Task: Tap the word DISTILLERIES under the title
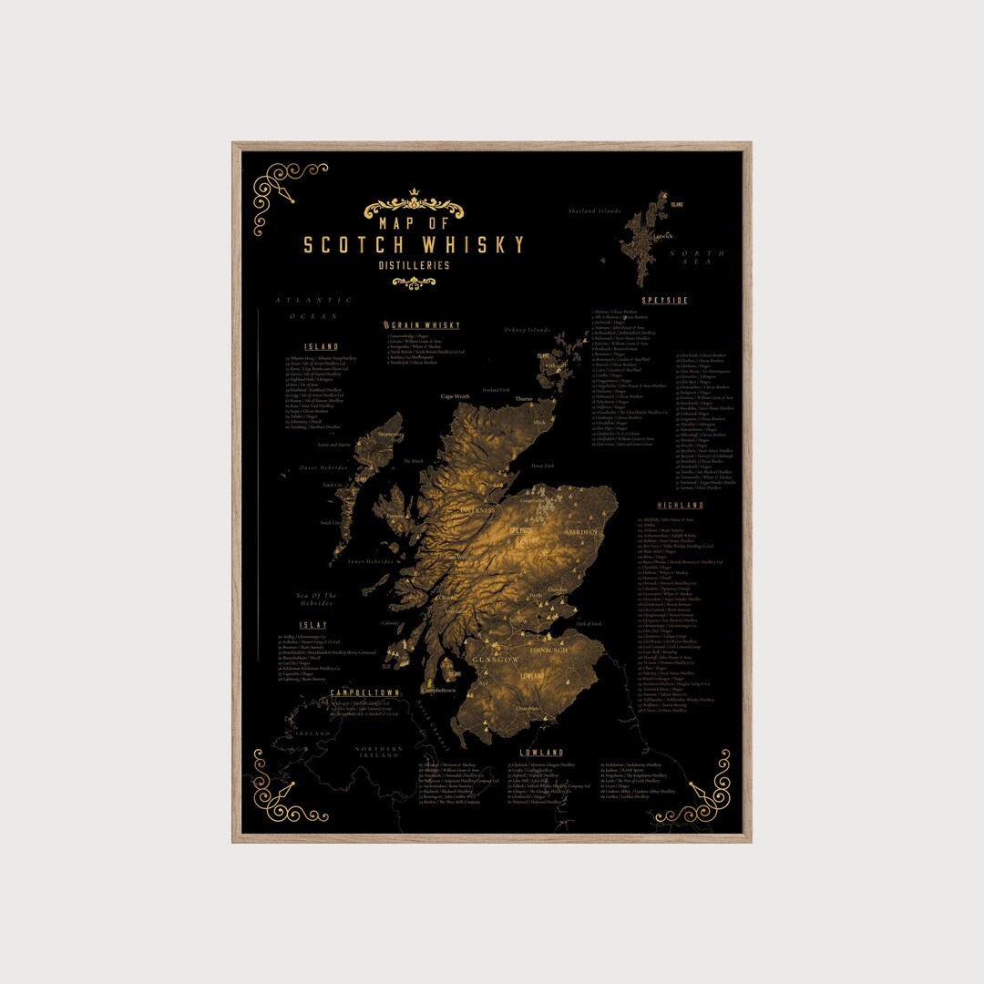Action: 414,266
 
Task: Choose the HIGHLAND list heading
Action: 681,506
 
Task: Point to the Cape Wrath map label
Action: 456,396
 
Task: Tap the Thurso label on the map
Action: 524,399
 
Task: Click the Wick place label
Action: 539,423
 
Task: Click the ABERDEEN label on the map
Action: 580,531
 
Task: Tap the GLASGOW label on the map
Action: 496,659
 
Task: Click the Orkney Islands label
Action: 528,330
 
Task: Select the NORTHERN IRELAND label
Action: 377,752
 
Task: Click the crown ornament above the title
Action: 414,193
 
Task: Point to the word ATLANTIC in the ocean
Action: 313,300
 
